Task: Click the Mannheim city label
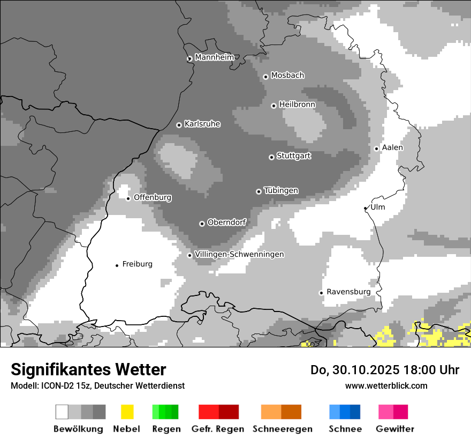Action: (x=214, y=57)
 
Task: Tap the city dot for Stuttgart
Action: (x=271, y=157)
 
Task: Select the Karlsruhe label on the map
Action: (x=202, y=124)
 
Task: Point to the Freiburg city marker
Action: (x=117, y=265)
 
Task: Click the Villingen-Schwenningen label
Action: (x=239, y=254)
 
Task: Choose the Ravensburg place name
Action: (x=348, y=292)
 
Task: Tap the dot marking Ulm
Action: (x=366, y=208)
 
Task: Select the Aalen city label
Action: (x=392, y=147)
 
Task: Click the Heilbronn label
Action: (x=297, y=105)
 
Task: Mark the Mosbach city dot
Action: (x=265, y=77)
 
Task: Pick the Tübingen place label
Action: (x=281, y=190)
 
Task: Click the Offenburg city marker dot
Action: (x=128, y=198)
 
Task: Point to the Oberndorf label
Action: (x=226, y=222)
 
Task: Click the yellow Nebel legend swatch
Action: (x=127, y=412)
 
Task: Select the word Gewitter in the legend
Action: (x=394, y=429)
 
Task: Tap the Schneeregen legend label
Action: (x=282, y=429)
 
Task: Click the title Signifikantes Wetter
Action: (x=88, y=369)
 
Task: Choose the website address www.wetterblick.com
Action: (x=386, y=385)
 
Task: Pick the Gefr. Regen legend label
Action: (x=217, y=429)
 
